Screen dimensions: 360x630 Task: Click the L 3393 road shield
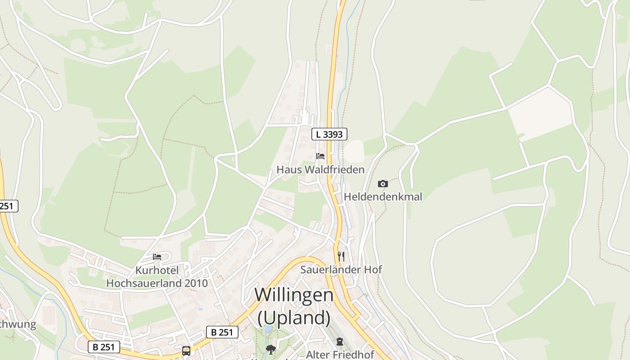pos(329,134)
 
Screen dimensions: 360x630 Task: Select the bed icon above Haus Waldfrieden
pos(320,156)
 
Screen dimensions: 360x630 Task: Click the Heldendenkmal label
pos(383,197)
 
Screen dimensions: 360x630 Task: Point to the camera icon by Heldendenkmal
pos(383,184)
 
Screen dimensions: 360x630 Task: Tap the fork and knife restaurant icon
pos(341,256)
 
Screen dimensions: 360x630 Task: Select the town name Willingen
pos(294,295)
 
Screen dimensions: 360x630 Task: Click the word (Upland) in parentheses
pos(294,318)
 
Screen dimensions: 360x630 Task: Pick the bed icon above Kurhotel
pos(157,257)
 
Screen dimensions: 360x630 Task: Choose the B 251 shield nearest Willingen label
pos(222,332)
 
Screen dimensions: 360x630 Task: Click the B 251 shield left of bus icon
pos(104,347)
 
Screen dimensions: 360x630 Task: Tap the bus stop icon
pos(186,351)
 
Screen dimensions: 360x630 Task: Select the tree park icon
pos(270,349)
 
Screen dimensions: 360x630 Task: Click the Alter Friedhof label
pos(340,355)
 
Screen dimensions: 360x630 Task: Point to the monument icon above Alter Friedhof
pos(340,342)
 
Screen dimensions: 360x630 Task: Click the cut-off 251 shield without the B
pos(8,206)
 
